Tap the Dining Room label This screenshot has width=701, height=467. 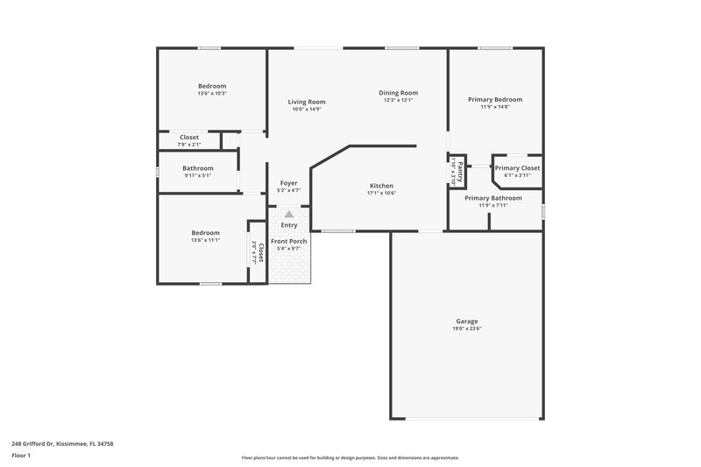tap(398, 93)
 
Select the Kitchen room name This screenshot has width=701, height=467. tap(381, 186)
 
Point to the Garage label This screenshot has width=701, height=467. tap(466, 322)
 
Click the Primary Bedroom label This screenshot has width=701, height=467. tap(495, 100)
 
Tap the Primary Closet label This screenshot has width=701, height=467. tap(517, 167)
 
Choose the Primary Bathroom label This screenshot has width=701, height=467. tap(493, 198)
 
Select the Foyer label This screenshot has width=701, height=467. tap(288, 183)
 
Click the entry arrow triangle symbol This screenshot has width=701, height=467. tap(288, 213)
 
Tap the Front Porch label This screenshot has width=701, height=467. tap(288, 241)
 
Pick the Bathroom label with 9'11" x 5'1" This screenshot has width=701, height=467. tap(198, 168)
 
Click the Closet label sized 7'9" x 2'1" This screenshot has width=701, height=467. tap(189, 138)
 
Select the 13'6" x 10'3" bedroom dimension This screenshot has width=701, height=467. tap(212, 93)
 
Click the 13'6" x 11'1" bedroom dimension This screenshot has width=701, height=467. tap(205, 240)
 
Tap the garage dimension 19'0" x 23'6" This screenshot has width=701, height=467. tap(466, 329)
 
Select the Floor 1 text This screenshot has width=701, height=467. tap(21, 456)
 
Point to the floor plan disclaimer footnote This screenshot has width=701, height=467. tap(350, 457)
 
